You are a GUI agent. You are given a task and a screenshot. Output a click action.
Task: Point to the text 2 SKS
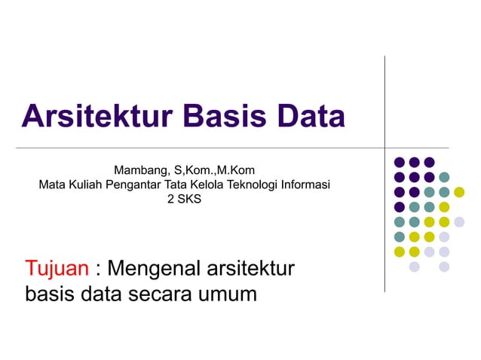click(x=184, y=200)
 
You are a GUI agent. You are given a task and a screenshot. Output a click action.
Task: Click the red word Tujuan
click(x=57, y=269)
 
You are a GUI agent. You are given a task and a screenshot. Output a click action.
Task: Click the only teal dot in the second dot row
click(x=444, y=177)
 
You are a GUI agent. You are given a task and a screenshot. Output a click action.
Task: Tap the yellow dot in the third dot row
click(x=459, y=192)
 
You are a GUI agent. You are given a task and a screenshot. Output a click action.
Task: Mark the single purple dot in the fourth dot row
click(x=399, y=206)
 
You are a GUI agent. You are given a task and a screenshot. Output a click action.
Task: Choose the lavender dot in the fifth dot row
click(x=459, y=221)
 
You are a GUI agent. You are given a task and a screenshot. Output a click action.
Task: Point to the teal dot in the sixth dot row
click(x=399, y=236)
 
